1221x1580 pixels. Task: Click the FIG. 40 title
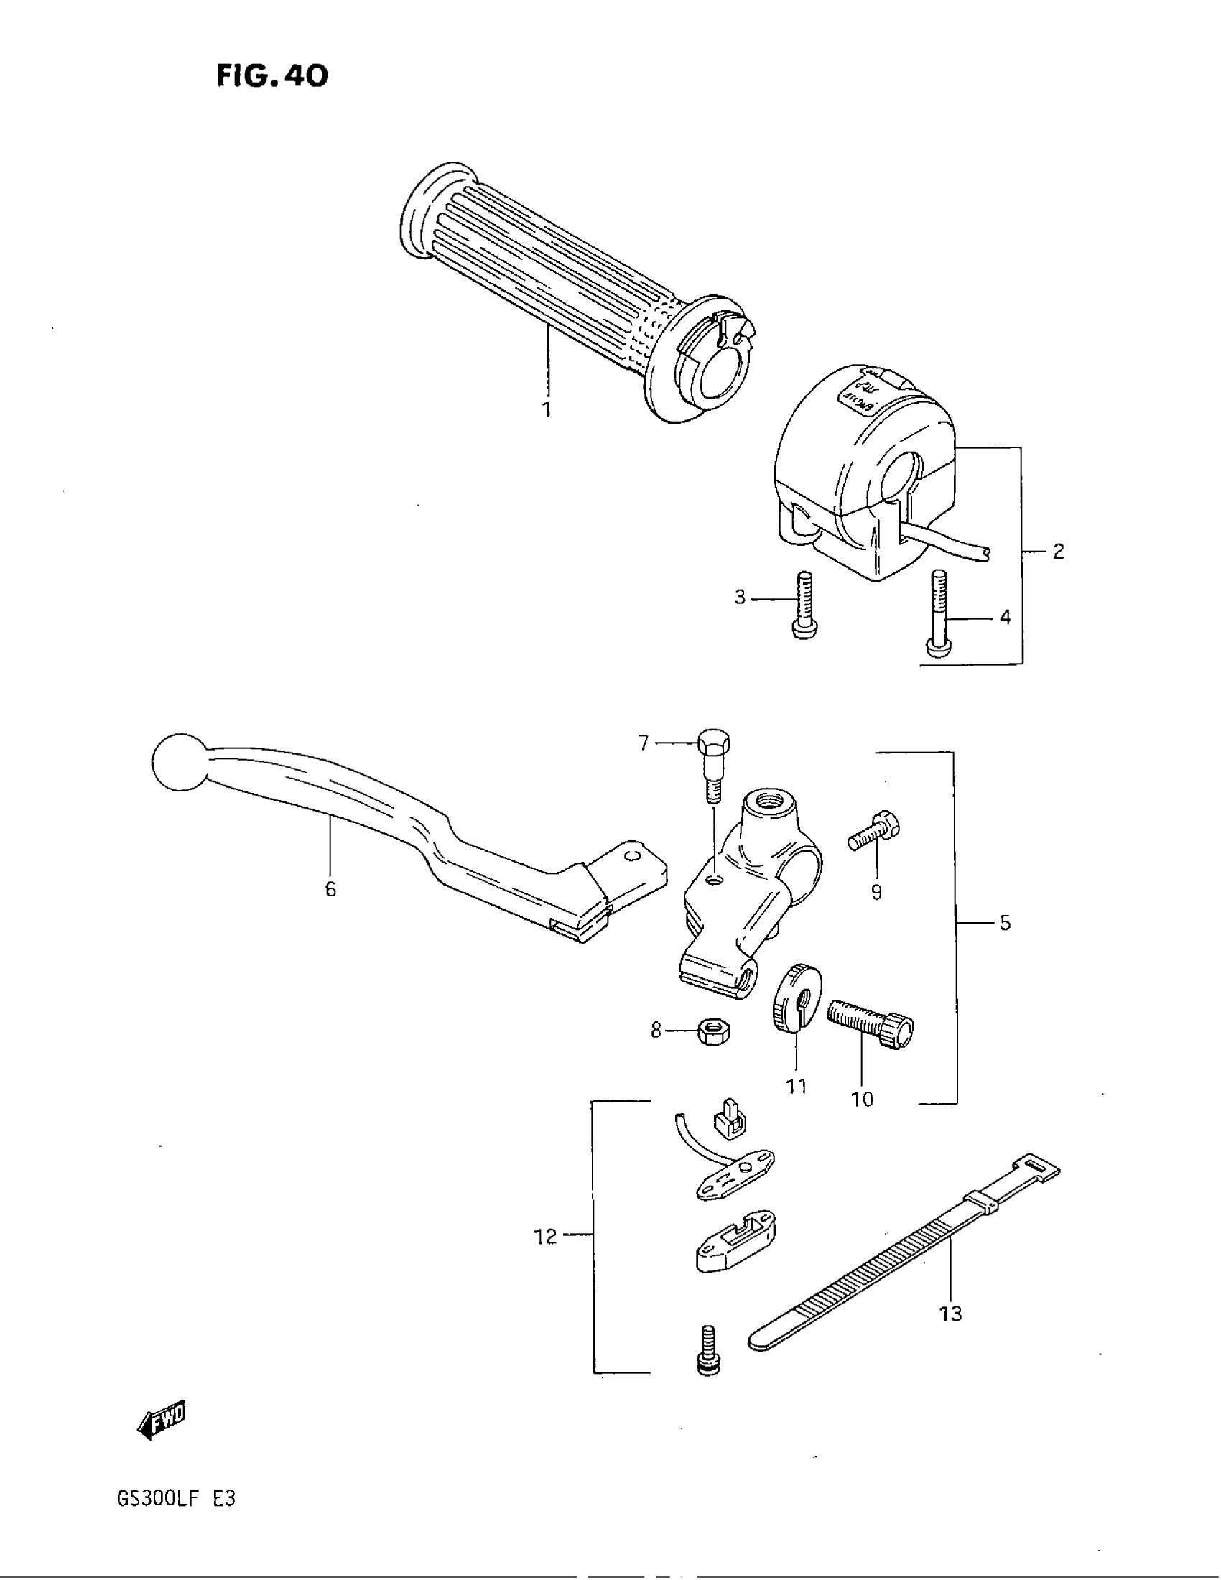click(x=272, y=76)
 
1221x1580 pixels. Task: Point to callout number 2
click(x=1057, y=552)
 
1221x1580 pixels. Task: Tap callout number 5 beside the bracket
click(x=1005, y=923)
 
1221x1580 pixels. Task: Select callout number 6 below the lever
click(x=330, y=889)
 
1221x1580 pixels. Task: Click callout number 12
click(x=546, y=1237)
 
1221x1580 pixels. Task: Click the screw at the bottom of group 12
click(x=708, y=1352)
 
